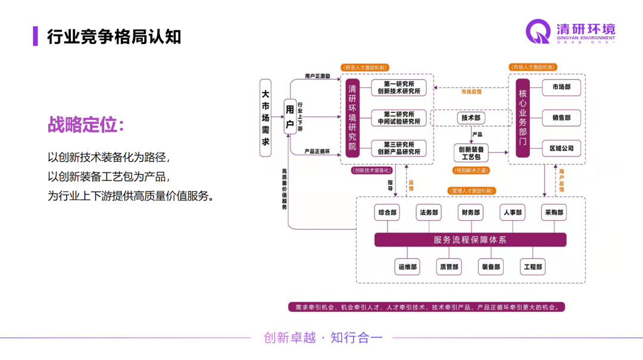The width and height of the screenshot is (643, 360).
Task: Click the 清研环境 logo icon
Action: [539, 32]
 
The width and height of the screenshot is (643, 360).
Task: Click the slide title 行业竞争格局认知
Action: [114, 36]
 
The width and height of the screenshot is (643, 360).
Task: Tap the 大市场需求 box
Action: [266, 118]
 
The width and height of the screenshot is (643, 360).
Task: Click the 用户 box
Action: [289, 117]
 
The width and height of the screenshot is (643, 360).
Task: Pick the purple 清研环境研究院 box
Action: [352, 118]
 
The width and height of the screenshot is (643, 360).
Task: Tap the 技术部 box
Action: [470, 118]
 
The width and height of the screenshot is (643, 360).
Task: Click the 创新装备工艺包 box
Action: [470, 153]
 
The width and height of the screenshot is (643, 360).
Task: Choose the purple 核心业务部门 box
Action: [523, 118]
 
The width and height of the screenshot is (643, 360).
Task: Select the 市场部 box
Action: [561, 87]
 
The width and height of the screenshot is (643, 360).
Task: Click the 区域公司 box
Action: [561, 148]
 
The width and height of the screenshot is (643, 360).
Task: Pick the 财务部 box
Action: [470, 212]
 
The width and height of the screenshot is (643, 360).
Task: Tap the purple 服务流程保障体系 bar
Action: [470, 240]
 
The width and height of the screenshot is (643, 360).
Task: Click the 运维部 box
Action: [408, 267]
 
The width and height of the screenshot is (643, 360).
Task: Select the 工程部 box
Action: [533, 267]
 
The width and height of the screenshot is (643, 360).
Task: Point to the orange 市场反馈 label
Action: [471, 92]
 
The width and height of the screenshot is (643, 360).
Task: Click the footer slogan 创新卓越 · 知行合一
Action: [323, 338]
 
